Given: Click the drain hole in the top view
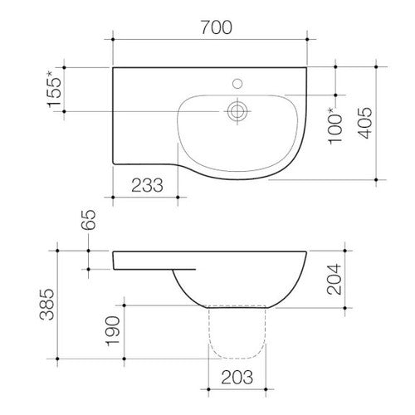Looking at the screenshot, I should click(238, 110).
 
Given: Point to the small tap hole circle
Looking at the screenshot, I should click(238, 83).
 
